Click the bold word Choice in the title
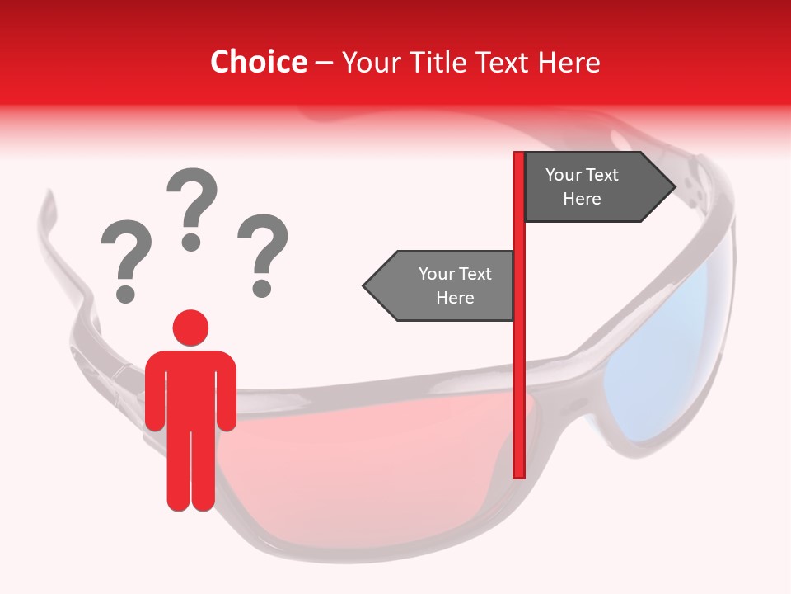coord(258,62)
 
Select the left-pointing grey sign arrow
coord(441,285)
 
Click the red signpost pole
coord(519,371)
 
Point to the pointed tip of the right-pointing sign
coord(673,186)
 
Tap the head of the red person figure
coord(190,328)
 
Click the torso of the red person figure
coord(190,388)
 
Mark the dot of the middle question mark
coord(191,242)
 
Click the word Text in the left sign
coord(473,274)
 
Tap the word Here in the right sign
coord(582,199)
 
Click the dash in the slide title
coord(324,63)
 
